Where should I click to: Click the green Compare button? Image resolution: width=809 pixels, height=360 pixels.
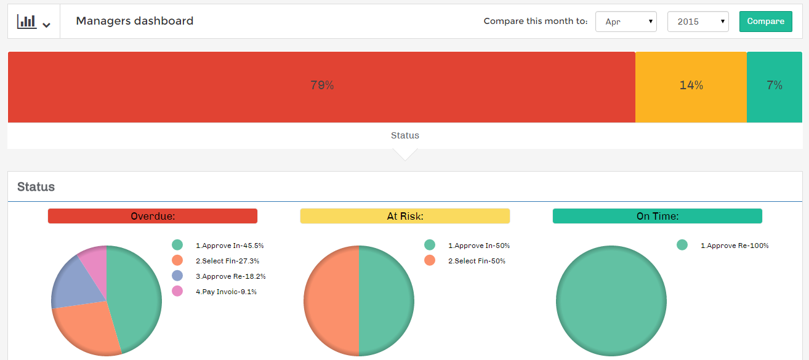click(x=765, y=22)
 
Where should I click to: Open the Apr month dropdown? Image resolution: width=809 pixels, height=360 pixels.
click(x=626, y=22)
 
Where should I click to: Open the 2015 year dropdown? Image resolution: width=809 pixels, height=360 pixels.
click(x=698, y=22)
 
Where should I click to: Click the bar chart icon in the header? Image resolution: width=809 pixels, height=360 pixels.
click(x=27, y=22)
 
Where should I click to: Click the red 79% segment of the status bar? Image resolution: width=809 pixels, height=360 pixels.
click(x=321, y=86)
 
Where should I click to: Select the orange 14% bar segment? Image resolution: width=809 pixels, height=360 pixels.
click(x=691, y=86)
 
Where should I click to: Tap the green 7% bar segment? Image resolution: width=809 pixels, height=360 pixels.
click(x=774, y=86)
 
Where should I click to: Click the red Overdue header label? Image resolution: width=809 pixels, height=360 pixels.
click(x=153, y=216)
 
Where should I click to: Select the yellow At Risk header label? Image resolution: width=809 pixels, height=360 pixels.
click(x=404, y=216)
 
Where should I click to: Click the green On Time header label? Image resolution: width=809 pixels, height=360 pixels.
click(x=657, y=216)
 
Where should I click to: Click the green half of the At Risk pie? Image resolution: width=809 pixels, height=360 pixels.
click(x=387, y=301)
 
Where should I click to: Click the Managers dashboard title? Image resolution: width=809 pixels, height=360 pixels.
click(x=134, y=21)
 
